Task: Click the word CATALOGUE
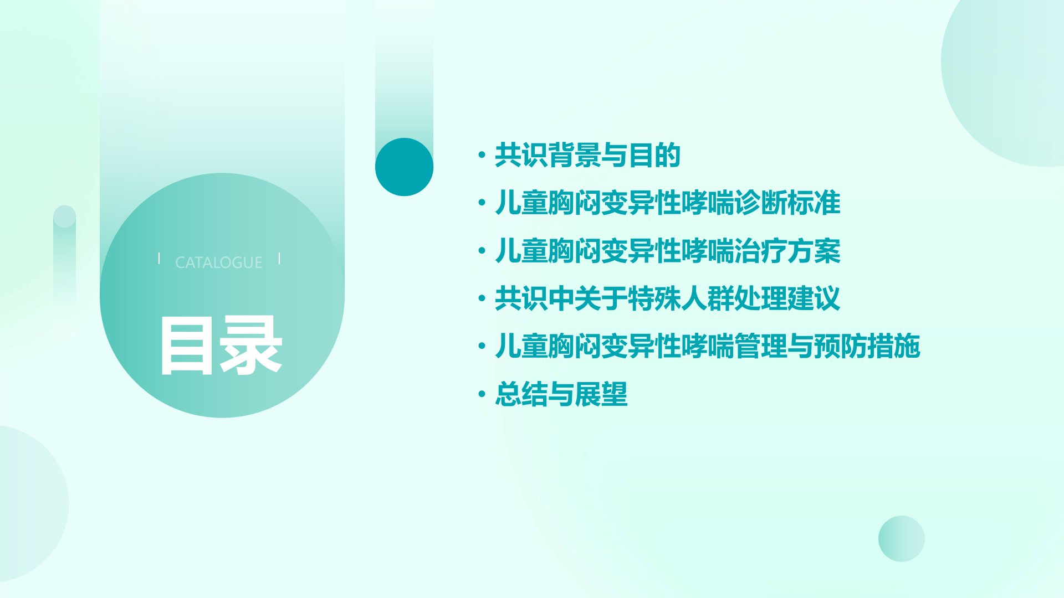coord(219,262)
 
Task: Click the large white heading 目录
coord(221,347)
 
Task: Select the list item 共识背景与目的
coord(587,155)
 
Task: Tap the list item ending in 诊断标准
coord(668,203)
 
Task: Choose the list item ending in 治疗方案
coord(668,251)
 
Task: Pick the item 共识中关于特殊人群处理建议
coord(668,299)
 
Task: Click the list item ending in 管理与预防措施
coord(708,347)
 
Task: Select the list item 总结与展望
coord(561,395)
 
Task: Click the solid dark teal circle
coord(404,167)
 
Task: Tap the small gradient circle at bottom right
coord(902,539)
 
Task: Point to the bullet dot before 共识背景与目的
coord(482,155)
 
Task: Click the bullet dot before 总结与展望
coord(482,395)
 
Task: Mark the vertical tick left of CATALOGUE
coord(159,258)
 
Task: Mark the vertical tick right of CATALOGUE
coord(279,258)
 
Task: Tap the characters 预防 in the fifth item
coord(841,347)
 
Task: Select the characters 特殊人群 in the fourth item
coord(681,299)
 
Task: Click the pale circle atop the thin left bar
coord(64,216)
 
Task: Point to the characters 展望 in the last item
coord(601,395)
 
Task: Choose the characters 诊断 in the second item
coord(761,203)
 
